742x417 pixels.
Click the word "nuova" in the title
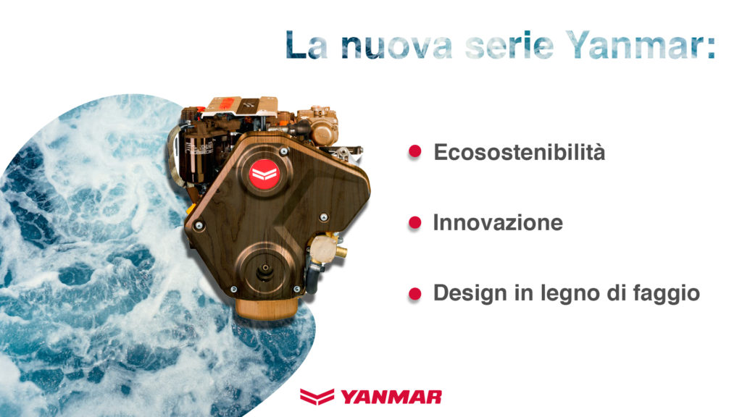(396, 46)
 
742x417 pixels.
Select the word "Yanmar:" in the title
(641, 44)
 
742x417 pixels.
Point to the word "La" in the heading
(307, 44)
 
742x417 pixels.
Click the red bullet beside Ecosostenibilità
(414, 151)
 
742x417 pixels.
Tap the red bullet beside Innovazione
(414, 223)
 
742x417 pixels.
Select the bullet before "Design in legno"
(414, 294)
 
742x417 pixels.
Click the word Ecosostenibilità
(519, 152)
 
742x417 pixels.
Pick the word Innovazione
(498, 223)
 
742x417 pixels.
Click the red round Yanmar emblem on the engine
(264, 174)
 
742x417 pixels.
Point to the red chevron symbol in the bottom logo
(317, 396)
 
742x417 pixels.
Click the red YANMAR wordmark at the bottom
(391, 397)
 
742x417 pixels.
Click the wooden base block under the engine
(267, 308)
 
